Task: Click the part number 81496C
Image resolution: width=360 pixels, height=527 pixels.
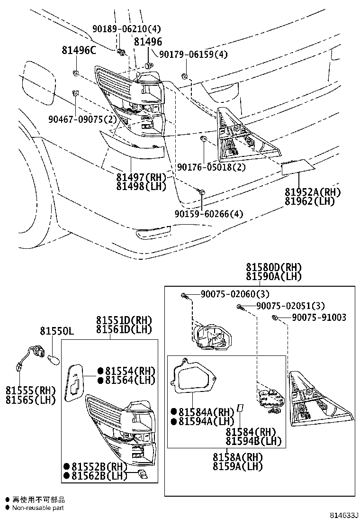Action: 78,50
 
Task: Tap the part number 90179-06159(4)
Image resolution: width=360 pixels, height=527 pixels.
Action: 193,55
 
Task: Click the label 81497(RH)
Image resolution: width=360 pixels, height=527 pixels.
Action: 142,177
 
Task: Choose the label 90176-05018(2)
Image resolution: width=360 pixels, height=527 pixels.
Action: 211,167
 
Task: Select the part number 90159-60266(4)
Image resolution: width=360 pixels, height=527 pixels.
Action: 208,214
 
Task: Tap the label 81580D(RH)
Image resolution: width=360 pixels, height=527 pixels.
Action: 273,268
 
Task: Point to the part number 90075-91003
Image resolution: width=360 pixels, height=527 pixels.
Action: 319,317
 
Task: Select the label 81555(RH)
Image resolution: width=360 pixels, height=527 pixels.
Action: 30,391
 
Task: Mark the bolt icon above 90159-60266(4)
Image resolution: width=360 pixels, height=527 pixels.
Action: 202,192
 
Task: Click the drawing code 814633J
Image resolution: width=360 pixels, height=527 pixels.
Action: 344,515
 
